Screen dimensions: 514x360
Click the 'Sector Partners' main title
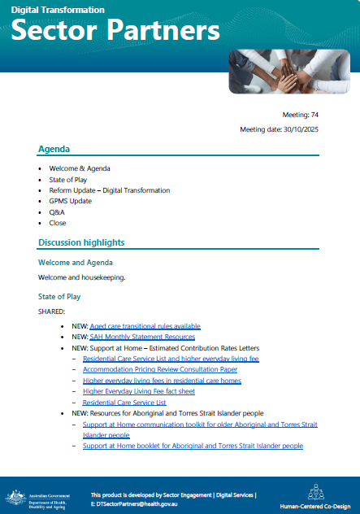[116, 32]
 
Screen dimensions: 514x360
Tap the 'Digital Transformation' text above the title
[57, 10]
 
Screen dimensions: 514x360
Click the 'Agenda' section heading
[54, 150]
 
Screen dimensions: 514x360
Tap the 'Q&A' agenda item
[57, 212]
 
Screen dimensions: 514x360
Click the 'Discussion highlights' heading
[80, 242]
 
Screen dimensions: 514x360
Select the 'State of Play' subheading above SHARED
[59, 297]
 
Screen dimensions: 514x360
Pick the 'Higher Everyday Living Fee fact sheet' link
[138, 391]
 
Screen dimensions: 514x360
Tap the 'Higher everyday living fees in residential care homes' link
[162, 381]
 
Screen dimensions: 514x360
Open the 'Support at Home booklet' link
[193, 446]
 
